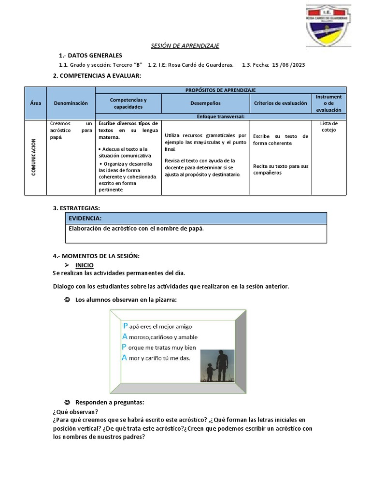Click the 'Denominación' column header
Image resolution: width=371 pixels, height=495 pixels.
(x=71, y=103)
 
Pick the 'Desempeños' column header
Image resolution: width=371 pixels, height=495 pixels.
(x=205, y=103)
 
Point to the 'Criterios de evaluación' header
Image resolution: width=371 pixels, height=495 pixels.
(x=280, y=103)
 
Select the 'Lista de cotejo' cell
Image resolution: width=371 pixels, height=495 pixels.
(x=328, y=127)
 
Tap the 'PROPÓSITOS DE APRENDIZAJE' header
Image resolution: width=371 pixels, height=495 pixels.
(x=220, y=90)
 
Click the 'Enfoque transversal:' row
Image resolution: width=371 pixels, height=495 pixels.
(x=220, y=116)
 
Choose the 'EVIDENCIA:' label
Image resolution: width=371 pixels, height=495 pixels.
(x=85, y=218)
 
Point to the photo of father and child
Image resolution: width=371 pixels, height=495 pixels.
(x=217, y=366)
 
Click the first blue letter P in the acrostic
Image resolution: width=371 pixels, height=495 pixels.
(x=126, y=326)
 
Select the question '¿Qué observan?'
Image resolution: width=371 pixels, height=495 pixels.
(x=75, y=412)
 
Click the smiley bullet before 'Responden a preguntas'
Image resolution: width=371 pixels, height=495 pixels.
(x=67, y=402)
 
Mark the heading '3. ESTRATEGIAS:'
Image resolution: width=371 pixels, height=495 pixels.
(x=76, y=208)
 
